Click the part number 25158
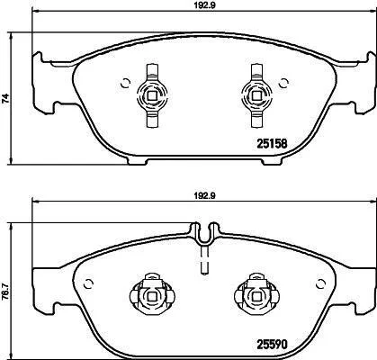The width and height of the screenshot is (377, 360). coord(272,144)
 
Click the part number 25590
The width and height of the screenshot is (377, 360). coord(272,344)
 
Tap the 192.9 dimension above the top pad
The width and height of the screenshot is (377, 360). coord(205,5)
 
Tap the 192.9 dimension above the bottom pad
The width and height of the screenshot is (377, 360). coord(205,195)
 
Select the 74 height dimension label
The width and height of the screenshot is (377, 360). coord(5,99)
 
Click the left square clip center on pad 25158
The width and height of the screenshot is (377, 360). coord(152,95)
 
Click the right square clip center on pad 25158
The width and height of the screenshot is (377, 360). coord(256,95)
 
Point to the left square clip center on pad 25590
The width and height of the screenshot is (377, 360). coord(152,296)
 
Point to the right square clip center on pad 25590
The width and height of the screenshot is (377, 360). coord(256,296)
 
